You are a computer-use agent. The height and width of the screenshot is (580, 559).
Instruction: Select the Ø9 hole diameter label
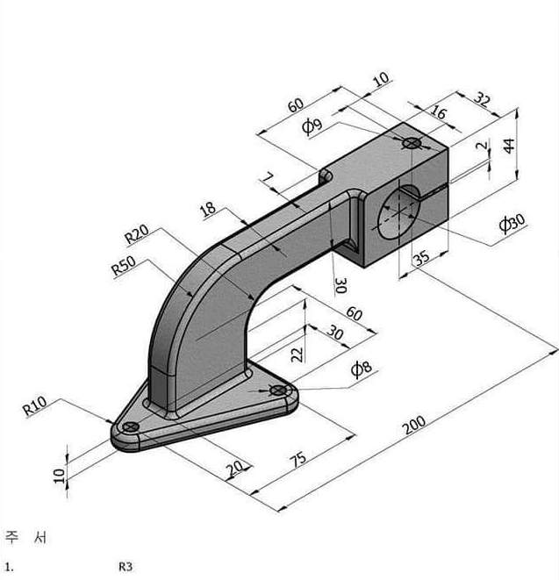312,126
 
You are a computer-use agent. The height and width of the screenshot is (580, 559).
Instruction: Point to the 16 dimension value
440,113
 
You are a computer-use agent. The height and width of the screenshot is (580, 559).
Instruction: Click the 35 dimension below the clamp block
420,258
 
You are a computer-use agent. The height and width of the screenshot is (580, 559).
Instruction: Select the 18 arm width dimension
208,210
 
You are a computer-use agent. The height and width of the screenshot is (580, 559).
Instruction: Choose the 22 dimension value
296,353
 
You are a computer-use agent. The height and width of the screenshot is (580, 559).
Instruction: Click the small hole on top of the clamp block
410,142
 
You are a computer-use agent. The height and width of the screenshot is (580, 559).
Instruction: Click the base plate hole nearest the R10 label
131,426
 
